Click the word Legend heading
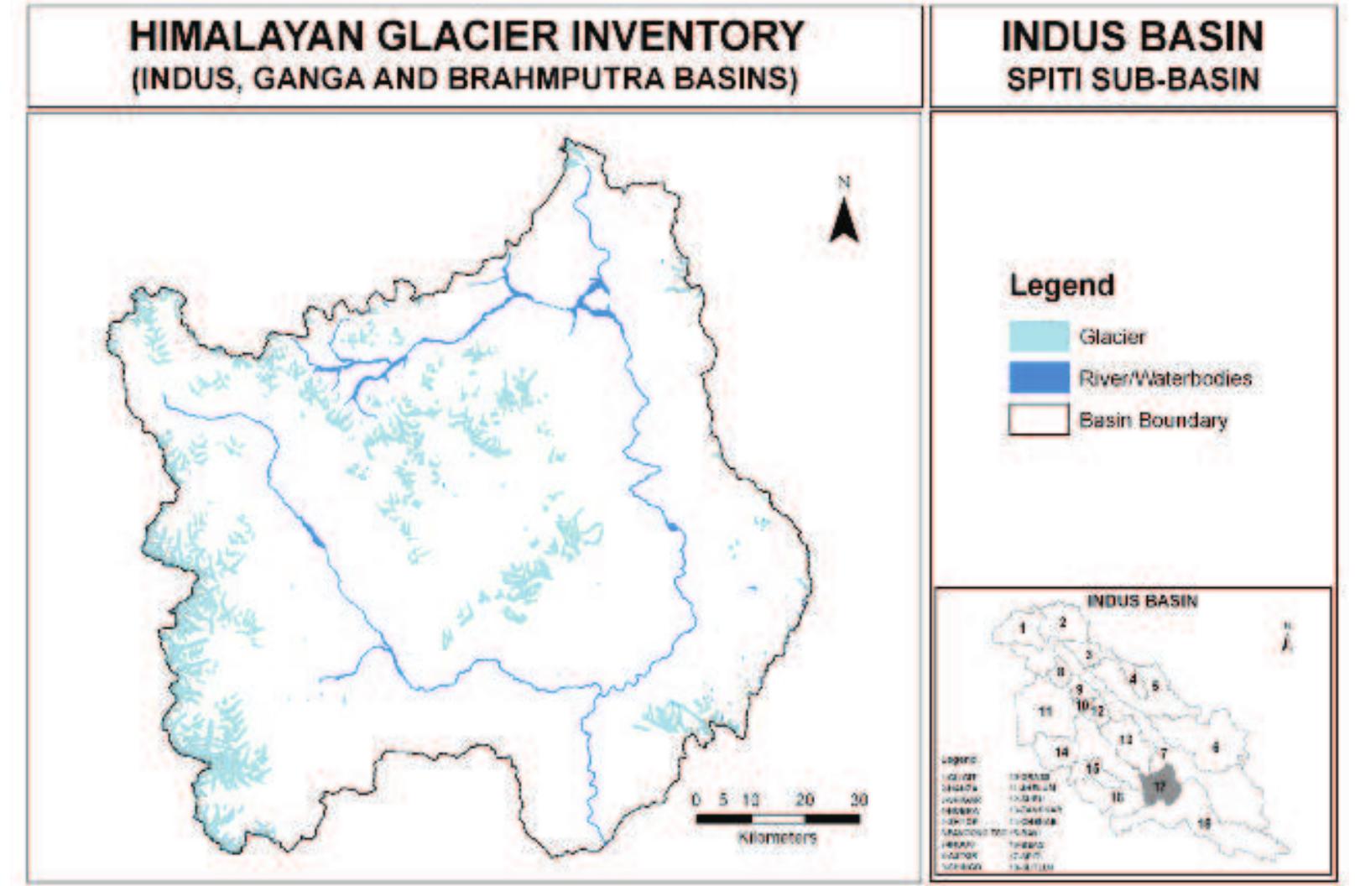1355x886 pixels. [x=1061, y=285]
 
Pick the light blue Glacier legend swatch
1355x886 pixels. [x=1039, y=336]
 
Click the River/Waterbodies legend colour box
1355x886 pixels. [x=1039, y=378]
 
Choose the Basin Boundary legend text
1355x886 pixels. [x=1153, y=420]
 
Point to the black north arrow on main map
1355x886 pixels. [x=844, y=221]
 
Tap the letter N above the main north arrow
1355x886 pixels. [x=844, y=182]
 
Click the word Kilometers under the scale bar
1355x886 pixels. [x=777, y=837]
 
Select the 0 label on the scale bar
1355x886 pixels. [x=696, y=800]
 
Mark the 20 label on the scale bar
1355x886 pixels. [x=805, y=800]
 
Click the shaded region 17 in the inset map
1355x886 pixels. [x=1159, y=787]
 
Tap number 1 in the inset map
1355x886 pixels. [x=1023, y=628]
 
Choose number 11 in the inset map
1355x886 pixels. [x=1045, y=711]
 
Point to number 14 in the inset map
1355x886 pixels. [x=1062, y=751]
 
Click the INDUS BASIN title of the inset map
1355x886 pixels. [x=1142, y=601]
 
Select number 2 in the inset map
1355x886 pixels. [x=1062, y=622]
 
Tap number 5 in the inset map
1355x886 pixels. [x=1154, y=685]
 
